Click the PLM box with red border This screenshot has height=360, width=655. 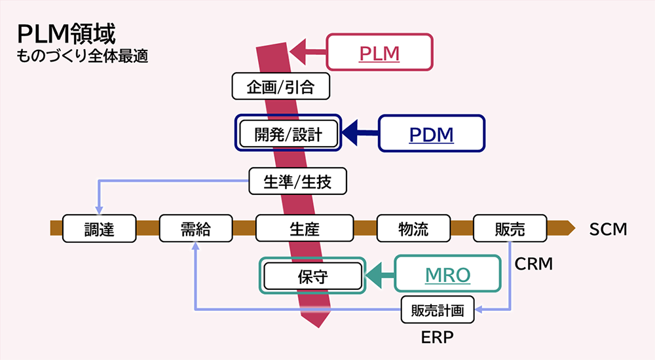(380, 52)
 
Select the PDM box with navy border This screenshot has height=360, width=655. (432, 134)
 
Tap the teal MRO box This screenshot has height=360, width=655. (447, 275)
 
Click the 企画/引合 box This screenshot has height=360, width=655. (280, 86)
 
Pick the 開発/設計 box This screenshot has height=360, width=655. (289, 134)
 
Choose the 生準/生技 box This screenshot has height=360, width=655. (297, 181)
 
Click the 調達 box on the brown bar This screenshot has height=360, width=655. (99, 228)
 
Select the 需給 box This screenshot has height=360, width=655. (196, 228)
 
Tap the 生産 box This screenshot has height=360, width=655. (305, 228)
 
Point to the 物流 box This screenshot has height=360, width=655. (413, 228)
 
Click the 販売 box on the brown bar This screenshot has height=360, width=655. (510, 228)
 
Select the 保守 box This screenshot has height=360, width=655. (312, 276)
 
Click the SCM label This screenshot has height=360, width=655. (608, 229)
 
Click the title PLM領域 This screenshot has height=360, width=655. (68, 33)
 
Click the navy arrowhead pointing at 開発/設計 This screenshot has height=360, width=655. (354, 133)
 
